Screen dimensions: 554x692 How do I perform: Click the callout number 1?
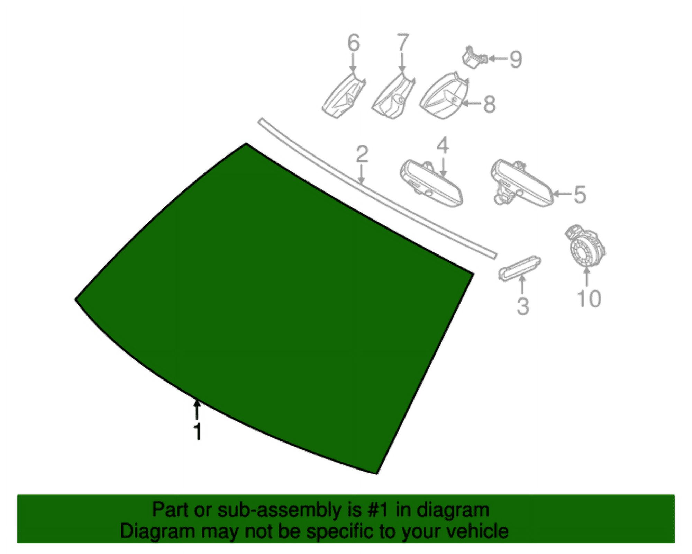tap(198, 432)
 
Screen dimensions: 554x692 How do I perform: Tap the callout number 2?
tap(362, 154)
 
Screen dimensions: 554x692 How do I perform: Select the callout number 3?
tap(522, 306)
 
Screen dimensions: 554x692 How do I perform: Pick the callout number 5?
tap(580, 195)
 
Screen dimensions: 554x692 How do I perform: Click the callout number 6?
tap(353, 43)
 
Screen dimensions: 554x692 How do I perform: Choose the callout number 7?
tap(402, 43)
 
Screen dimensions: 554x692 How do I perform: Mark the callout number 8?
tap(489, 104)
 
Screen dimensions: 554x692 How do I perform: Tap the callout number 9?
tap(516, 59)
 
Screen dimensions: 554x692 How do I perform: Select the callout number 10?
tap(589, 298)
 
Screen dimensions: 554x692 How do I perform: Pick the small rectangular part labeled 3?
tap(519, 268)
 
